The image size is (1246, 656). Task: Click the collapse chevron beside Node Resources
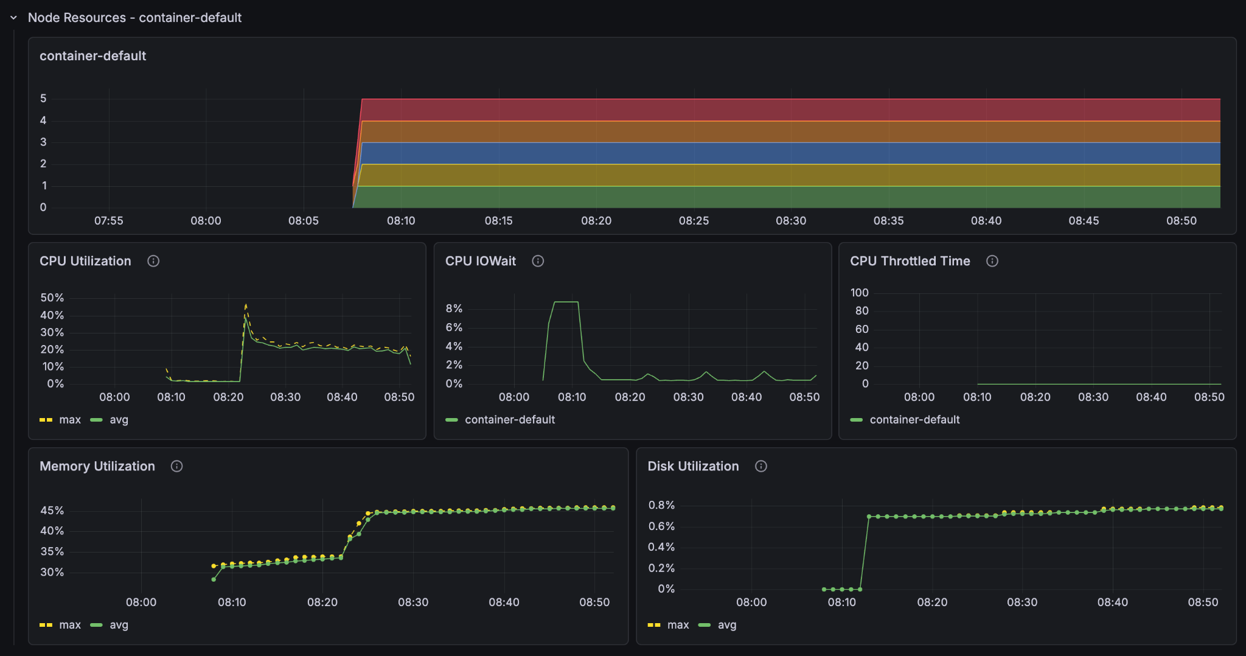point(13,18)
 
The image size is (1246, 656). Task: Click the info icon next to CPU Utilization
point(153,261)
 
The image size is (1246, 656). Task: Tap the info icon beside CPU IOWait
point(538,261)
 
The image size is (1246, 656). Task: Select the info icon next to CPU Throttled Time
point(992,261)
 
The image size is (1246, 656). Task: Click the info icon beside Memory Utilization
point(176,466)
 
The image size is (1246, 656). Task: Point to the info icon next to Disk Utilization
point(761,466)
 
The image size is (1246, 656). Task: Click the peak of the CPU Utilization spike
point(246,305)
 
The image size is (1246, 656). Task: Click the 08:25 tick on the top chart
point(694,221)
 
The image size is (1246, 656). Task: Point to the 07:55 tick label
point(108,221)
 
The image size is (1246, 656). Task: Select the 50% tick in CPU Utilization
point(52,298)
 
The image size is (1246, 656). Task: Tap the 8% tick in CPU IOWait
point(454,309)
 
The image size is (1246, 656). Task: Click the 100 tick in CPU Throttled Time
point(859,293)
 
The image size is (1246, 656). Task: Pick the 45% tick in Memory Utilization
point(52,511)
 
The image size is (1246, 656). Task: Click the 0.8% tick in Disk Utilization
point(661,505)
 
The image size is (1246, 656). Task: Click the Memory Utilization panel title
point(97,466)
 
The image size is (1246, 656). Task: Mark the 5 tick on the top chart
point(43,99)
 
